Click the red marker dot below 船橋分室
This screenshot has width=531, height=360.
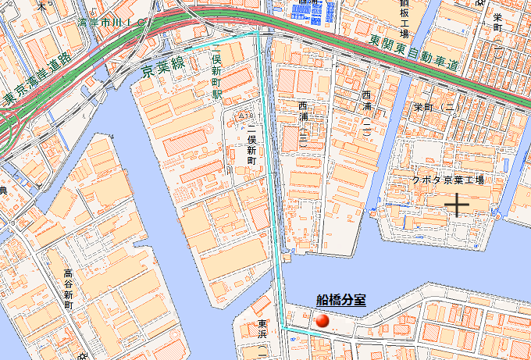[323, 320]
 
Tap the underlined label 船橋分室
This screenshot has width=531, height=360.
[341, 299]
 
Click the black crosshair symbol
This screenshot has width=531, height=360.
[456, 204]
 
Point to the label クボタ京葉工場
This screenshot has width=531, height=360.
[448, 180]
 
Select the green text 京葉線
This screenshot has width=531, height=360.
[163, 68]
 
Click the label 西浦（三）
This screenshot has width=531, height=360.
[303, 121]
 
